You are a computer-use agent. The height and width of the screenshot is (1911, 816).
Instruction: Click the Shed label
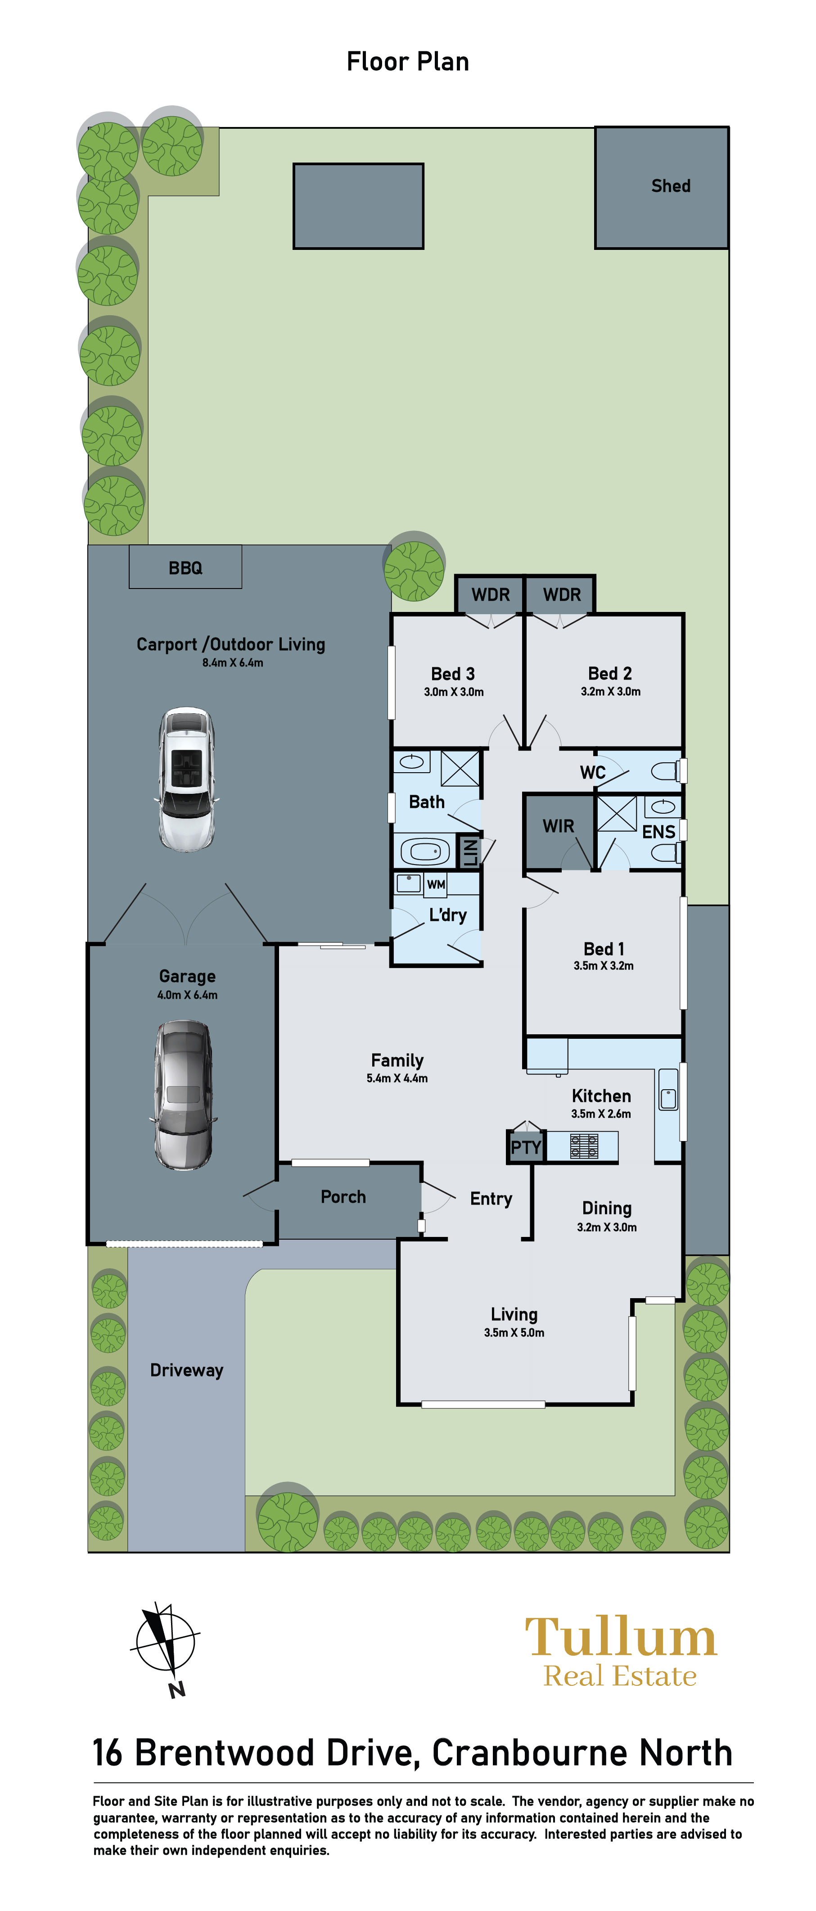(x=671, y=186)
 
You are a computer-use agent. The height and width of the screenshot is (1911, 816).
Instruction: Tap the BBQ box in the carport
(x=185, y=567)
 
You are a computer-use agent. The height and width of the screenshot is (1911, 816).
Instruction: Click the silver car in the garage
(x=185, y=1095)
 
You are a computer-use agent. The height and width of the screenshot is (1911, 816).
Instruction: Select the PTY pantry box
(x=526, y=1147)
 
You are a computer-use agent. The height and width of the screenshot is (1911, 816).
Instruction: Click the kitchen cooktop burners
(x=584, y=1146)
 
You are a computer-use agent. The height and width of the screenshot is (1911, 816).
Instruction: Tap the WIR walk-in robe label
(x=559, y=826)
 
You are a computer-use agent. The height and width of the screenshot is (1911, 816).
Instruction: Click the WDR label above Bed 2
(x=562, y=595)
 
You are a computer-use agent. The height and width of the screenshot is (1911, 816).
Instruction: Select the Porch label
(x=343, y=1196)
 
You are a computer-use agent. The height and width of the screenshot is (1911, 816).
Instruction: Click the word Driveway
(x=186, y=1370)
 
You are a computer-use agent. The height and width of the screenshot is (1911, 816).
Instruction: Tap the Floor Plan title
(x=408, y=62)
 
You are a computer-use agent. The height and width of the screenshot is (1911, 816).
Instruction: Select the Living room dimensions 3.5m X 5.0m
(x=514, y=1333)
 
